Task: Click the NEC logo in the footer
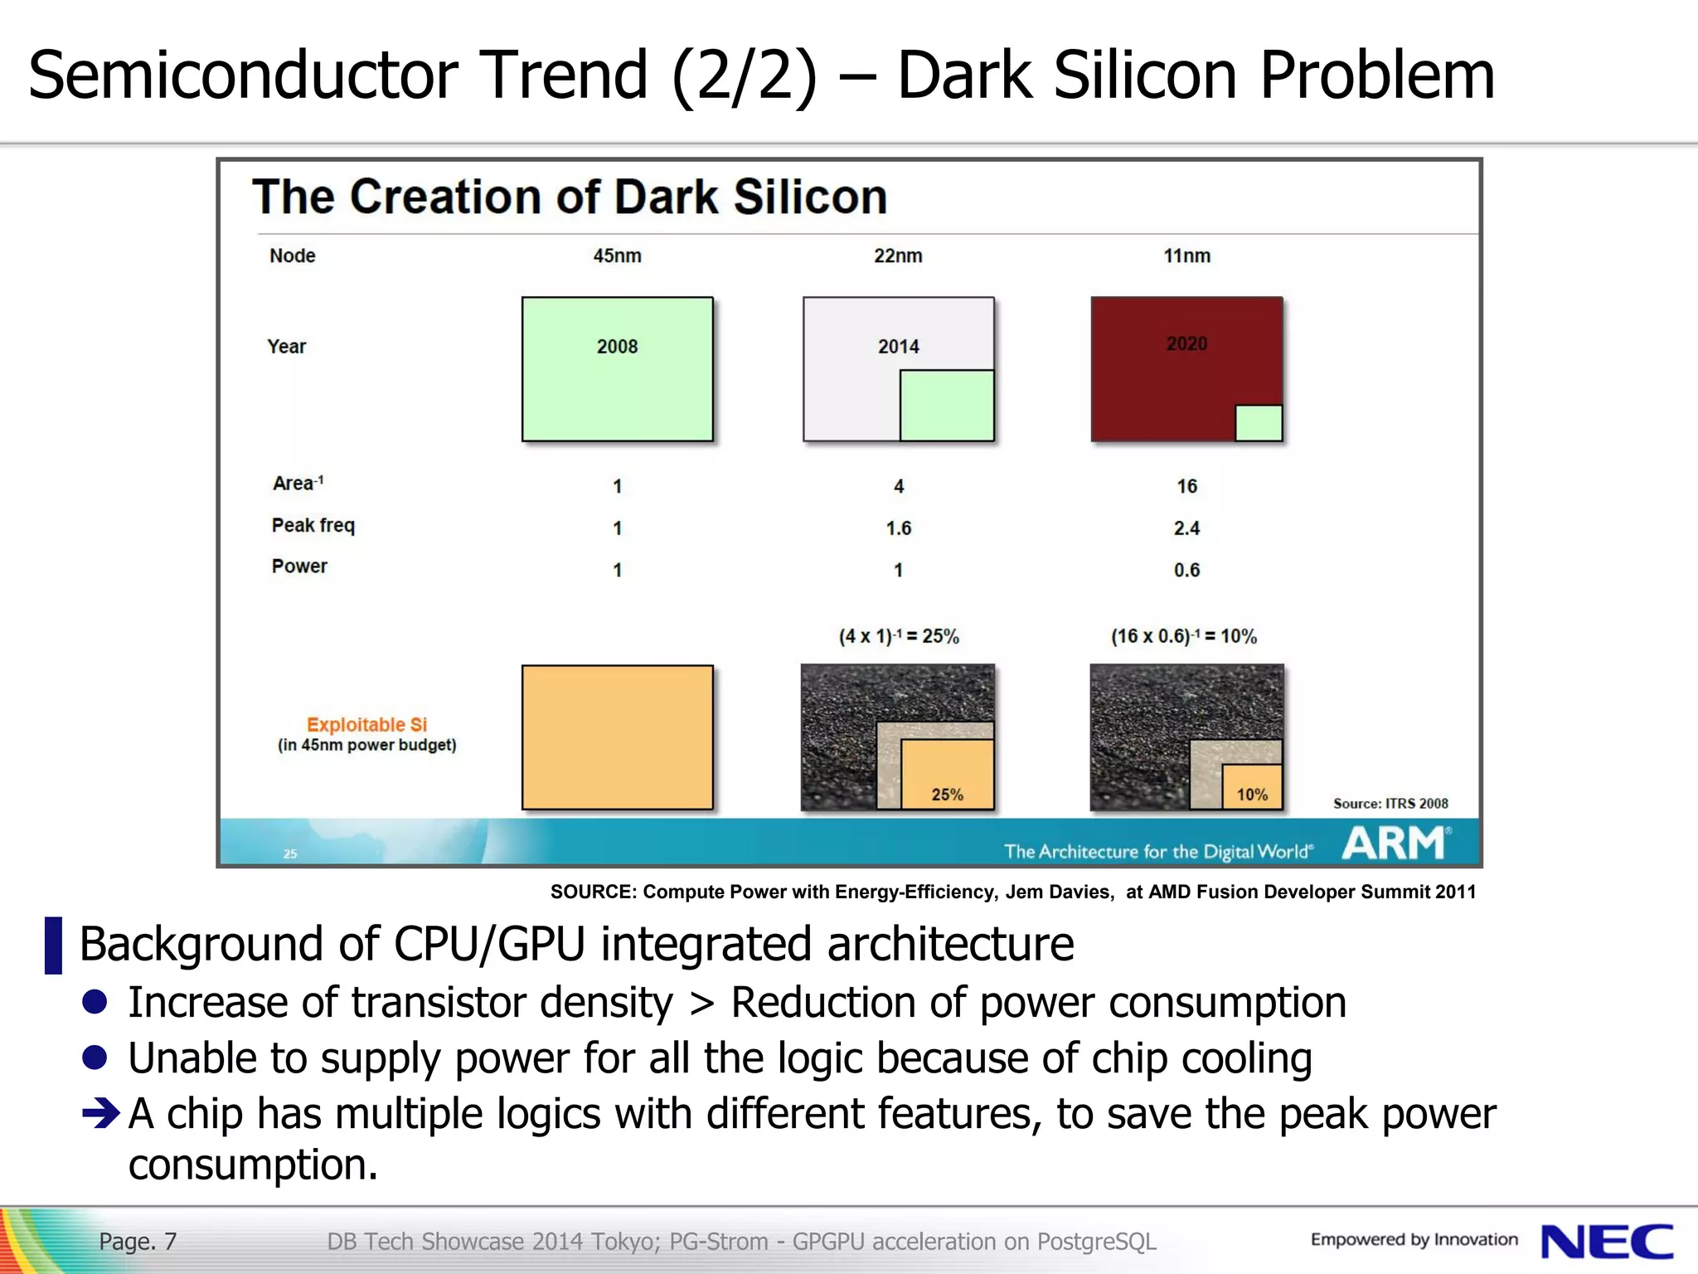click(x=1607, y=1242)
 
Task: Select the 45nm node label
click(x=617, y=256)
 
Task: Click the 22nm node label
click(x=898, y=256)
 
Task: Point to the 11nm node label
click(x=1186, y=256)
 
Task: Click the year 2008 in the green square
click(x=617, y=347)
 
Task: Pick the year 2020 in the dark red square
click(x=1186, y=344)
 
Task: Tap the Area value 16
click(x=1186, y=487)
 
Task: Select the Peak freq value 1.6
click(x=898, y=528)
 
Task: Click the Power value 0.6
click(x=1186, y=571)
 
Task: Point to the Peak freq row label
click(x=313, y=526)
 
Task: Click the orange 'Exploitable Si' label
click(x=366, y=725)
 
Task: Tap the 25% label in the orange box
click(x=947, y=795)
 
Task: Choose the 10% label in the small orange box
click(x=1252, y=795)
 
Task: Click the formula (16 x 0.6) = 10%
click(x=1184, y=637)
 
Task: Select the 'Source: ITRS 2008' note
click(x=1390, y=804)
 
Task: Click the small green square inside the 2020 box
click(x=1259, y=423)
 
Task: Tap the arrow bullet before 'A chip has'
click(x=102, y=1113)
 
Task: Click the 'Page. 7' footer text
click(x=138, y=1242)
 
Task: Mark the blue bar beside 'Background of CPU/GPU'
click(x=53, y=945)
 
